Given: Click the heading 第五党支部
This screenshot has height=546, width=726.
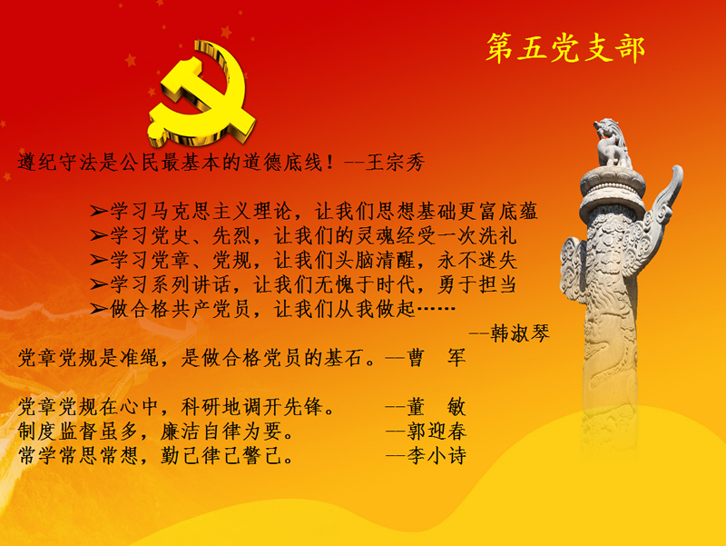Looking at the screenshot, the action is pyautogui.click(x=565, y=48).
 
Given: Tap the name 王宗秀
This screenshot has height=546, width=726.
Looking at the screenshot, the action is pyautogui.click(x=395, y=163).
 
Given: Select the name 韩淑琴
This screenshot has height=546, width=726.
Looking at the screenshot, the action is pyautogui.click(x=520, y=333).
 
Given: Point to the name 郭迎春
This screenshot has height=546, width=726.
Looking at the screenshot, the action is pyautogui.click(x=437, y=431).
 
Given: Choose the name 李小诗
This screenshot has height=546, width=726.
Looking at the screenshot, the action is pyautogui.click(x=437, y=456).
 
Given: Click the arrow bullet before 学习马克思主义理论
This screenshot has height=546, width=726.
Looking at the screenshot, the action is pyautogui.click(x=99, y=212).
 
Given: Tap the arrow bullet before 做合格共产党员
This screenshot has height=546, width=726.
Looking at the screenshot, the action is pyautogui.click(x=99, y=309).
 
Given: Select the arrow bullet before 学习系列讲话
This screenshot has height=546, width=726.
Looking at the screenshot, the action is pyautogui.click(x=99, y=284).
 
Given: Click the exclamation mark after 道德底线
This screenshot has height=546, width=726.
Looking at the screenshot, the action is pyautogui.click(x=329, y=163).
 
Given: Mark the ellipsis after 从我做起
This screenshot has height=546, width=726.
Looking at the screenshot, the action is pyautogui.click(x=437, y=308).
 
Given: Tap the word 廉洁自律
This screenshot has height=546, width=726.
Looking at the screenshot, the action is pyautogui.click(x=201, y=431).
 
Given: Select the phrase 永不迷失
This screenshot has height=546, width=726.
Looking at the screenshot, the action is pyautogui.click(x=477, y=260).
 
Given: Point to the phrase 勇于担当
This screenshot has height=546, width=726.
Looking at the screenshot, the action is pyautogui.click(x=477, y=284).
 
